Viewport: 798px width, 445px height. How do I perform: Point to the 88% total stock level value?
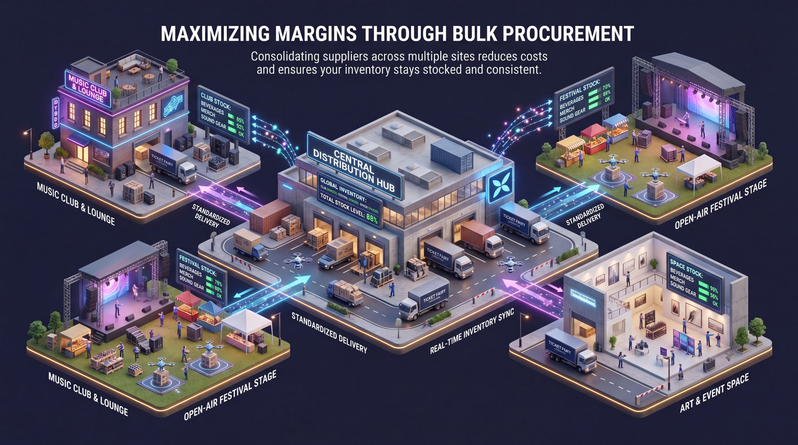click(372, 220)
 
